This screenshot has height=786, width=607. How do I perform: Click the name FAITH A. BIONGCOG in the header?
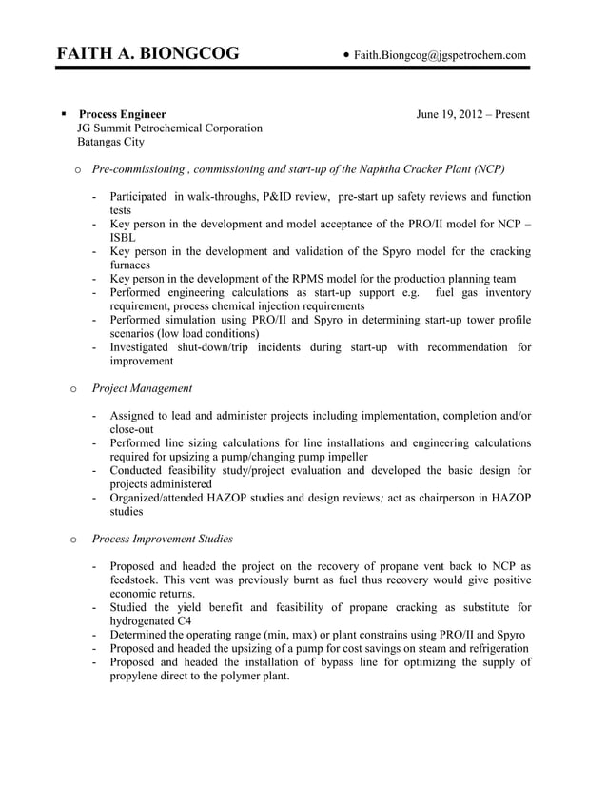pyautogui.click(x=147, y=54)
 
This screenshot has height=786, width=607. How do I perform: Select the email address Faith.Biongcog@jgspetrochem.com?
pyautogui.click(x=440, y=56)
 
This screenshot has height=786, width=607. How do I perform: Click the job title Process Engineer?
pyautogui.click(x=122, y=115)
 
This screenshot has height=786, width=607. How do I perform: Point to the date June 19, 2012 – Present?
pyautogui.click(x=473, y=115)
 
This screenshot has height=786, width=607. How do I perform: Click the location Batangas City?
pyautogui.click(x=110, y=142)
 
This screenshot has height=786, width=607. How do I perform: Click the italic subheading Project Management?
pyautogui.click(x=142, y=388)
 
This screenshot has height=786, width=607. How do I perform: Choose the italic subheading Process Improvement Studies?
pyautogui.click(x=162, y=539)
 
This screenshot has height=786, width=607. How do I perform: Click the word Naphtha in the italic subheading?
pyautogui.click(x=382, y=169)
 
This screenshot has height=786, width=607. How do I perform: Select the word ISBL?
pyautogui.click(x=123, y=238)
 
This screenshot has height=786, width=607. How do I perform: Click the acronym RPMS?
pyautogui.click(x=303, y=279)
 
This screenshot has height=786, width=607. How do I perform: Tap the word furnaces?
pyautogui.click(x=130, y=265)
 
